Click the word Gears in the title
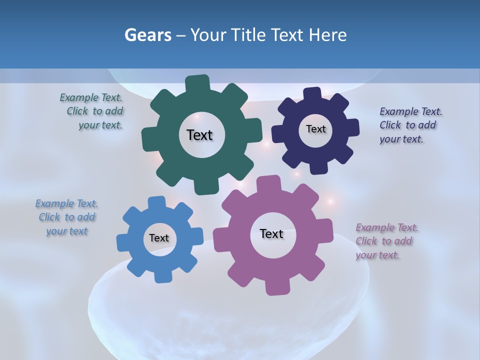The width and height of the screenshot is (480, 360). [x=147, y=35]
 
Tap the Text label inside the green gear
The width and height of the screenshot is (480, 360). [x=199, y=135]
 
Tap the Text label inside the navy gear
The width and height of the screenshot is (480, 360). [x=315, y=129]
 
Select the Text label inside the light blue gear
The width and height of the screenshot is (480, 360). [x=159, y=238]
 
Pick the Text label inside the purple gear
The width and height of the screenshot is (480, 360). [x=271, y=233]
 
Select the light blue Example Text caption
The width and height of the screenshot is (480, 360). [x=67, y=217]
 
